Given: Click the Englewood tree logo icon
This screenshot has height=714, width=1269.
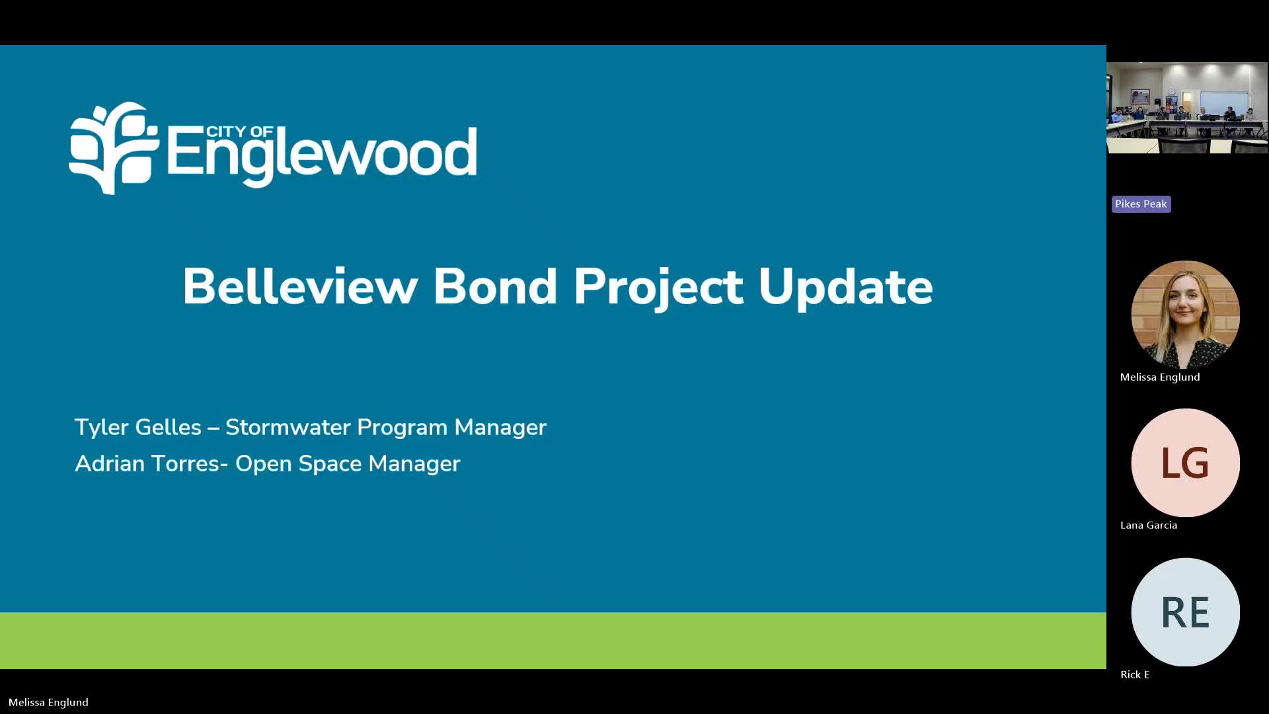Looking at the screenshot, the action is pyautogui.click(x=114, y=148).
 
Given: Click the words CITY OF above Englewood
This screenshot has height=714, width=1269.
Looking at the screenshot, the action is pyautogui.click(x=239, y=132).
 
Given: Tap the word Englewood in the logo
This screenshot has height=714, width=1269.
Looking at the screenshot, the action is pyautogui.click(x=322, y=155).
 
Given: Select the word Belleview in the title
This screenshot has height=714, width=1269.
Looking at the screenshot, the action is pyautogui.click(x=300, y=286).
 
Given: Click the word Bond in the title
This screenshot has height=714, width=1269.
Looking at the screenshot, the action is pyautogui.click(x=495, y=286).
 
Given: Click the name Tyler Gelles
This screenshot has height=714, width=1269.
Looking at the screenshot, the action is pyautogui.click(x=137, y=427).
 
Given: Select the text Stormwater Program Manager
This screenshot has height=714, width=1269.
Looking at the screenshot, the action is pyautogui.click(x=386, y=427).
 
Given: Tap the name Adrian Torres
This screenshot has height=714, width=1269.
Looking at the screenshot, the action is pyautogui.click(x=147, y=463).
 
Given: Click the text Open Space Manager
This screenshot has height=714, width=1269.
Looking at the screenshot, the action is pyautogui.click(x=348, y=464).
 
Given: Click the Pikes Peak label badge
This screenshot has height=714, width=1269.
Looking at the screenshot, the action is pyautogui.click(x=1141, y=204).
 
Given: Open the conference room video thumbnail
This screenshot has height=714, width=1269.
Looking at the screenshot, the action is pyautogui.click(x=1187, y=108).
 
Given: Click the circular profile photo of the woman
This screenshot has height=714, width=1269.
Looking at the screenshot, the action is pyautogui.click(x=1186, y=315).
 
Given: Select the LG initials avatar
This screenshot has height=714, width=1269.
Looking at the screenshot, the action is pyautogui.click(x=1186, y=463).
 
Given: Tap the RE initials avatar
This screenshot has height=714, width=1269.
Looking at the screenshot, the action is pyautogui.click(x=1186, y=612).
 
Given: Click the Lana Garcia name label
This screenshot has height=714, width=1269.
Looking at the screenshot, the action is pyautogui.click(x=1149, y=526).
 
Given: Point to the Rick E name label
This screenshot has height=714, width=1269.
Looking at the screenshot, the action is pyautogui.click(x=1135, y=674).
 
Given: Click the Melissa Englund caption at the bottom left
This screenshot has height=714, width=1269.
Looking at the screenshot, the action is pyautogui.click(x=48, y=702).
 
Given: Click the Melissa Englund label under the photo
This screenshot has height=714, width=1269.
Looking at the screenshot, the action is pyautogui.click(x=1160, y=377).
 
